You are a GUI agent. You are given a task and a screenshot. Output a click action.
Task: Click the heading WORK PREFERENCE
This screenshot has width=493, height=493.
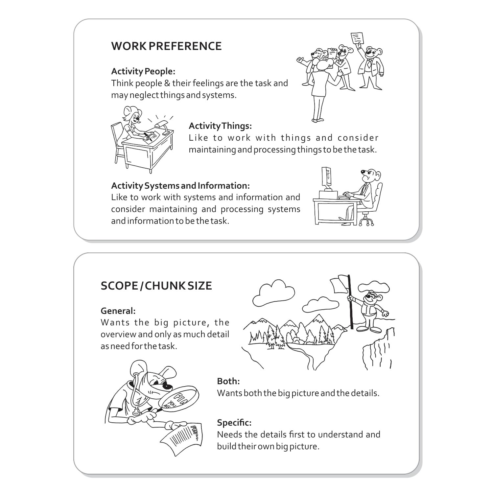click(166, 46)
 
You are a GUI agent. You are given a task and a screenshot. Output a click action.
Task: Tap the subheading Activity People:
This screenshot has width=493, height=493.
click(143, 71)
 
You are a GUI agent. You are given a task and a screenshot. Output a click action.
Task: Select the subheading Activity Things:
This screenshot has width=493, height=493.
click(220, 126)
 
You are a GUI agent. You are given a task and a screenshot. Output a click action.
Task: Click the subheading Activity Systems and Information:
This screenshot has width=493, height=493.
click(180, 186)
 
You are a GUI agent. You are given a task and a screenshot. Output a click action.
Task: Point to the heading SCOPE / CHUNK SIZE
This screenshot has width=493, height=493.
click(156, 286)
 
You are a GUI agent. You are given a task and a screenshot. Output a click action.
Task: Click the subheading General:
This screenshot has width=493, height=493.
click(118, 311)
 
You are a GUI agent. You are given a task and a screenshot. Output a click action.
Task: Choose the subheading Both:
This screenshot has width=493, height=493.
click(228, 381)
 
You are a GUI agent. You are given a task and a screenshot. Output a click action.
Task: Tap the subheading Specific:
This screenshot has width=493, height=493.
click(234, 422)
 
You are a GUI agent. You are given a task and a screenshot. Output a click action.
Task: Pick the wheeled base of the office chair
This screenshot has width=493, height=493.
click(366, 221)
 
